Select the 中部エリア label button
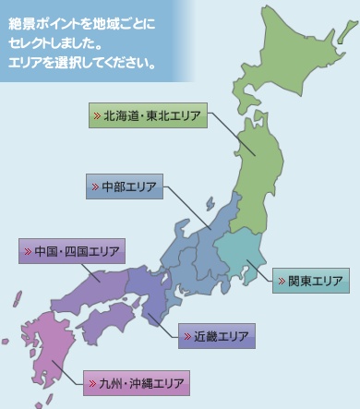[x=124, y=186]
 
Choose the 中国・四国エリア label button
[x=71, y=251]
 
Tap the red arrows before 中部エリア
[x=95, y=186]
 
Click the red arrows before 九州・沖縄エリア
[x=93, y=381]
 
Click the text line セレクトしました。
[x=59, y=42]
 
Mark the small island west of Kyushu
[x=17, y=298]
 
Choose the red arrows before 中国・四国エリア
[x=28, y=251]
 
